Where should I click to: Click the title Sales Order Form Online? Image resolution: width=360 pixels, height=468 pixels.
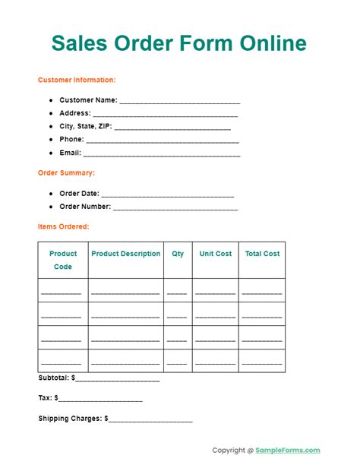[179, 43]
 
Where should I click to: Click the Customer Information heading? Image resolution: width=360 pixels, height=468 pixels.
[77, 80]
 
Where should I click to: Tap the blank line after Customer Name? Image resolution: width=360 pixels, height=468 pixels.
[180, 100]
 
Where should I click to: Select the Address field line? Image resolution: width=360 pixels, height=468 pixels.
[166, 114]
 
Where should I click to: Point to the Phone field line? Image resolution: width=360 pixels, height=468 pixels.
[163, 140]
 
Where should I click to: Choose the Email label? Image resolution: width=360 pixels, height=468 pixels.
[70, 153]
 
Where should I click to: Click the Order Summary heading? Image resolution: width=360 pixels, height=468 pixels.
[66, 172]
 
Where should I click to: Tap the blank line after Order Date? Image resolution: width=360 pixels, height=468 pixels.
[166, 194]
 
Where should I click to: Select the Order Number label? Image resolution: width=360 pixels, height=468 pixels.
[85, 206]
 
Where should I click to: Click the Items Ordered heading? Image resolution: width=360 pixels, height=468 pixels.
[63, 226]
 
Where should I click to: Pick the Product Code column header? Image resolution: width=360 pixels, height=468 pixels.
[63, 260]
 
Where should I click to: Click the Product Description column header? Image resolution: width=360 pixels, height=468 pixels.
[126, 254]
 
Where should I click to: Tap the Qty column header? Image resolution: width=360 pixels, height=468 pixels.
[178, 254]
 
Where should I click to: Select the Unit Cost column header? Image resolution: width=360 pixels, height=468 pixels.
[216, 254]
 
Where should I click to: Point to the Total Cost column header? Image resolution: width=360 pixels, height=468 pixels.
[262, 254]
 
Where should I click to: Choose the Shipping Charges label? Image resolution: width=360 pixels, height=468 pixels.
[71, 418]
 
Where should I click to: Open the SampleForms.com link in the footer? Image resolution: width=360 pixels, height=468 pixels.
[288, 450]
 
